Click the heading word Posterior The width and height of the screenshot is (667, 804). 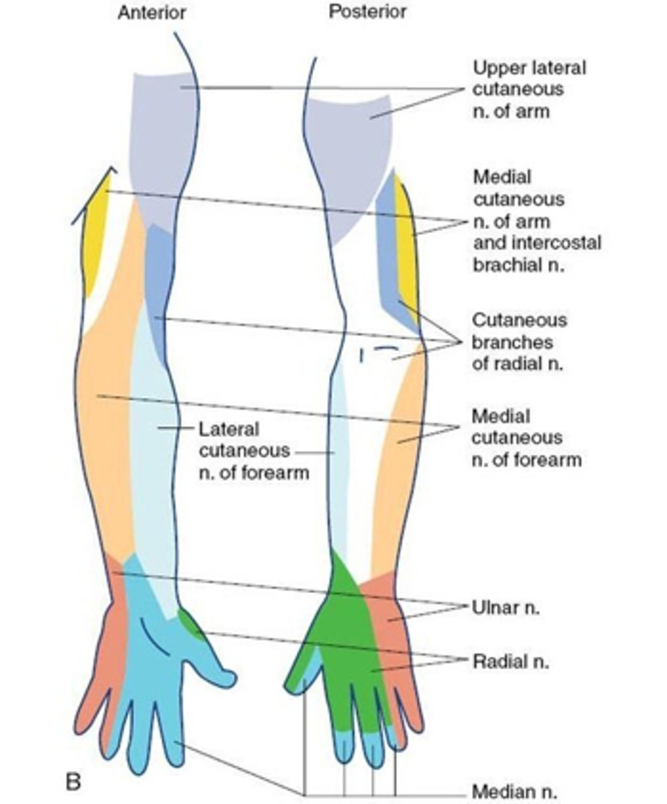[x=367, y=12]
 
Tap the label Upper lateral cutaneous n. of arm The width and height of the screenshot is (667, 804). [x=529, y=89]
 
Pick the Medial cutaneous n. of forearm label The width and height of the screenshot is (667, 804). [x=526, y=438]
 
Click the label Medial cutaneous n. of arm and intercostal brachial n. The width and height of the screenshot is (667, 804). [x=536, y=220]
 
